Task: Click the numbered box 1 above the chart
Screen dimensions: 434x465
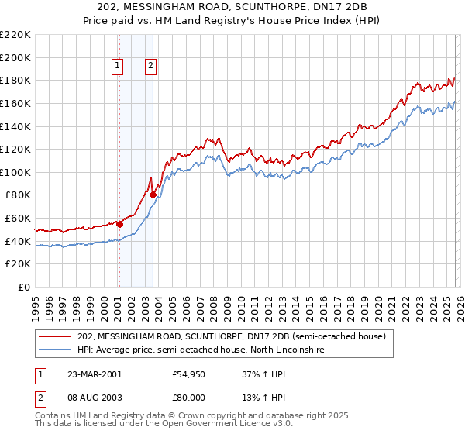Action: (x=118, y=67)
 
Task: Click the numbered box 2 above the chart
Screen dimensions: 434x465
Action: (x=150, y=67)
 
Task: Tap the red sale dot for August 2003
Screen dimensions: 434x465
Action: (x=153, y=195)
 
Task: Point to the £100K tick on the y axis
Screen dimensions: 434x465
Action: (x=16, y=172)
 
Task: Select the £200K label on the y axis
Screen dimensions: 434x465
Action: (x=16, y=57)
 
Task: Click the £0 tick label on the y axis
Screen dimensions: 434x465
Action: (x=25, y=287)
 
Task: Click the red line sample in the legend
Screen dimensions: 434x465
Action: (x=54, y=337)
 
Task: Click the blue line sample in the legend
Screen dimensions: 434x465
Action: (x=54, y=350)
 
